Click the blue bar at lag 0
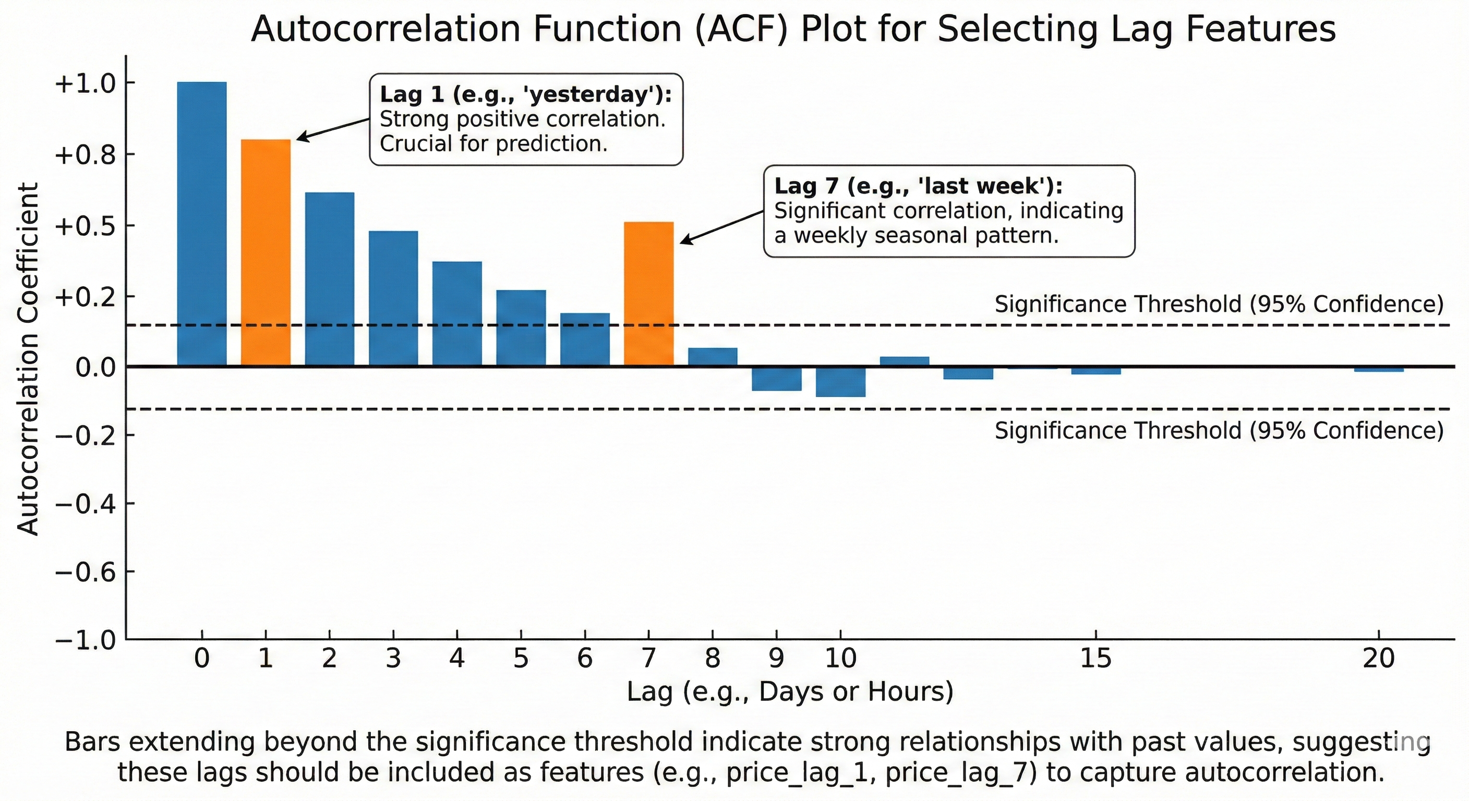pyautogui.click(x=201, y=224)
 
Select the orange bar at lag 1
pyautogui.click(x=265, y=252)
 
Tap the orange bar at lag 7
pyautogui.click(x=648, y=293)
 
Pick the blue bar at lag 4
pyautogui.click(x=457, y=313)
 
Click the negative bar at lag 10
pyautogui.click(x=840, y=381)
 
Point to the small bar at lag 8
pyautogui.click(x=712, y=356)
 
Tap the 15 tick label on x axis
pyautogui.click(x=1095, y=659)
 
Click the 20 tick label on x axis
pyautogui.click(x=1378, y=659)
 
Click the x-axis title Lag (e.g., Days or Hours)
pyautogui.click(x=790, y=691)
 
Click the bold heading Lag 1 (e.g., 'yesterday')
pyautogui.click(x=525, y=94)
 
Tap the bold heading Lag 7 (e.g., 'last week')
pyautogui.click(x=918, y=186)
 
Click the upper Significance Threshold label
pyautogui.click(x=1219, y=304)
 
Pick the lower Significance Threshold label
pyautogui.click(x=1219, y=430)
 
